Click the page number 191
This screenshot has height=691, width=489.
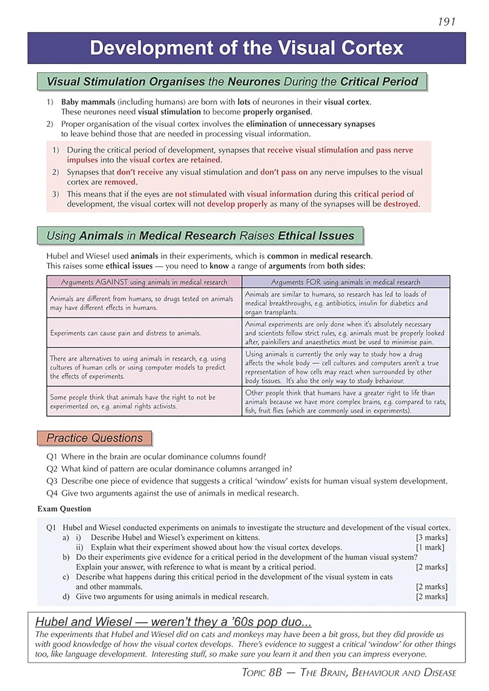446,22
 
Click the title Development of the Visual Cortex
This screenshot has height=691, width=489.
246,48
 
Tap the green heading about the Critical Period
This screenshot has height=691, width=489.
232,82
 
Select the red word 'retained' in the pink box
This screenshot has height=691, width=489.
206,160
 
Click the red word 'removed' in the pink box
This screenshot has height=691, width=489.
120,182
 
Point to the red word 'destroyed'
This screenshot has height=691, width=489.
401,204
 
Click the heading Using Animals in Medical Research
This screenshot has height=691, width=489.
200,236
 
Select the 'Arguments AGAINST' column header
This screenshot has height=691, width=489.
144,282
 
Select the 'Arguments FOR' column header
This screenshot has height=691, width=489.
345,282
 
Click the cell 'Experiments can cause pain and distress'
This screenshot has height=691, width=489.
125,333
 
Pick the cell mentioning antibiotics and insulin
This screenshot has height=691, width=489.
345,303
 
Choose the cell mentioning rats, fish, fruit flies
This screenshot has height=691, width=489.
345,402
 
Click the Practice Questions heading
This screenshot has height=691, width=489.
94,438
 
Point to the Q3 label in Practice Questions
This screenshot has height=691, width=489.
52,481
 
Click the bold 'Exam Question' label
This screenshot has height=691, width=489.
64,509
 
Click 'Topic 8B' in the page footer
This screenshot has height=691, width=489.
262,673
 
